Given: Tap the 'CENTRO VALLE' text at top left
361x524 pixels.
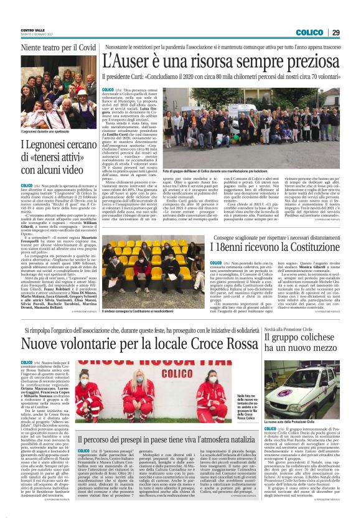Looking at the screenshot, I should pyautogui.click(x=32, y=30).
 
